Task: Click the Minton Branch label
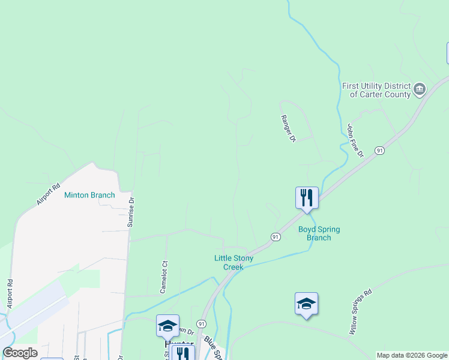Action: (89, 195)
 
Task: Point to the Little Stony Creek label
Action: (234, 262)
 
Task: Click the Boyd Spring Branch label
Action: (319, 233)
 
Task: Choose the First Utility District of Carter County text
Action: (376, 90)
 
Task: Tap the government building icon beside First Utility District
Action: (420, 91)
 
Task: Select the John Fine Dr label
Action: (355, 140)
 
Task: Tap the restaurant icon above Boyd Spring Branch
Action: (306, 197)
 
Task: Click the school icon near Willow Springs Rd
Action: (306, 304)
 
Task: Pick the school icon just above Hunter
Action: (167, 325)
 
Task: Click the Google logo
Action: (20, 352)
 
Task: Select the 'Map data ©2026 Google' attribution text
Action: (412, 355)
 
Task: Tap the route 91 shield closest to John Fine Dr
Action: (379, 150)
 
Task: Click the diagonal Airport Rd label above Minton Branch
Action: (49, 194)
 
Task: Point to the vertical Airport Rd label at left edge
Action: (10, 294)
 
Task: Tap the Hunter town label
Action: (178, 345)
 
